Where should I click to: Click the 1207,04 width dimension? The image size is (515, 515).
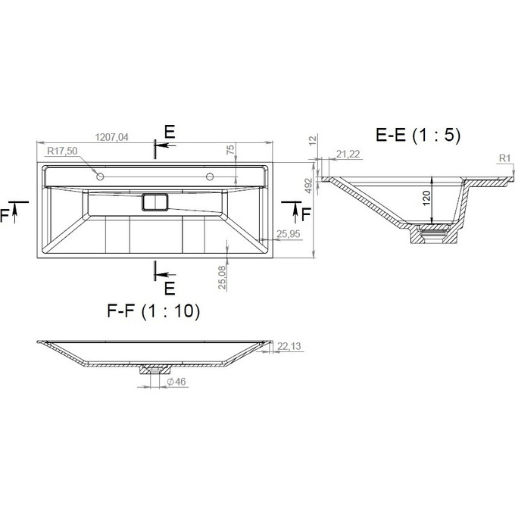click(x=111, y=137)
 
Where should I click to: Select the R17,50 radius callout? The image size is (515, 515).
click(x=62, y=151)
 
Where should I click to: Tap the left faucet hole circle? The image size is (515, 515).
click(x=100, y=176)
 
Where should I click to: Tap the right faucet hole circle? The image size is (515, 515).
click(x=210, y=176)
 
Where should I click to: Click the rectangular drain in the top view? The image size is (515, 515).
click(x=155, y=202)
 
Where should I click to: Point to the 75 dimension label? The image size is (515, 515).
click(x=231, y=149)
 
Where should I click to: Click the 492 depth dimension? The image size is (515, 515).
click(x=308, y=186)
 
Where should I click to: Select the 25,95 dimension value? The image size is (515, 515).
click(x=289, y=234)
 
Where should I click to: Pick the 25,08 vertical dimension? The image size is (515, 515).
click(x=223, y=277)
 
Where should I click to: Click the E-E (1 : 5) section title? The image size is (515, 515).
click(x=418, y=134)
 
